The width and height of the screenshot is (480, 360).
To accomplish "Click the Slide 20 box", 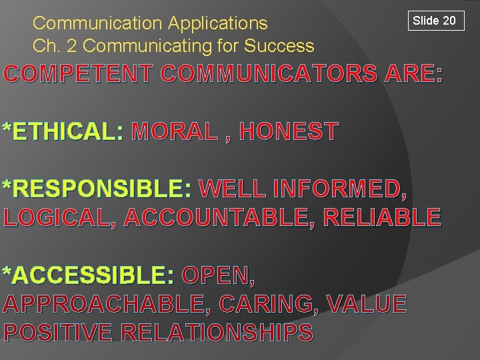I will point(434,21).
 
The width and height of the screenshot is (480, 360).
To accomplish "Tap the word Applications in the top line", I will point(217,23).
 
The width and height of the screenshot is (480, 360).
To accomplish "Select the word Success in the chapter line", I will point(279,46).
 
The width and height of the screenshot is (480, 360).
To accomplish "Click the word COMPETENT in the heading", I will point(79,74).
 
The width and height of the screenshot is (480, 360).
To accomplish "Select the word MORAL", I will point(175,131).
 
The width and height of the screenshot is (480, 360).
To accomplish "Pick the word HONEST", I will point(288,131).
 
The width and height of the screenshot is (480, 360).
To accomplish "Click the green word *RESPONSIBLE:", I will point(97,189).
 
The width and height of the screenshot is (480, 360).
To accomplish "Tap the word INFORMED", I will point(338,189).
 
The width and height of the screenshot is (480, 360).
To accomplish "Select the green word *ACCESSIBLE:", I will point(89,275).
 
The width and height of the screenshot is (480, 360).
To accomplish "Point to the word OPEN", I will point(217,275).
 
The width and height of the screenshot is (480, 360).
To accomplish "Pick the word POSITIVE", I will point(58,332).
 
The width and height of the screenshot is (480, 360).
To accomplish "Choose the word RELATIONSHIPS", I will point(216,332).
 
